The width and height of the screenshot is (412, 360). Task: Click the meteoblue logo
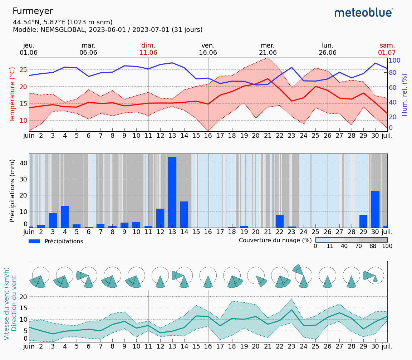click(364, 13)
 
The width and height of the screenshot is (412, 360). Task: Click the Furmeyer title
click(33, 11)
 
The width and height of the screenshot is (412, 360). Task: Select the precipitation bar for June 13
click(172, 192)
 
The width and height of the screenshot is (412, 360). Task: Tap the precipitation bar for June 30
click(375, 209)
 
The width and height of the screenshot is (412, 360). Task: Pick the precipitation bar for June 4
click(65, 217)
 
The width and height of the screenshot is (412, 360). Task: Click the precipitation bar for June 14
click(184, 214)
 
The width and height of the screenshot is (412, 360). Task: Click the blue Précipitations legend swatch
click(34, 242)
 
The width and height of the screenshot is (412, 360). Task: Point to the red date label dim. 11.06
click(148, 49)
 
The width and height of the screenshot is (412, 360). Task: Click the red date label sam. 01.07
click(387, 49)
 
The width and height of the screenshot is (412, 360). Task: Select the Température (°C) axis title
click(13, 95)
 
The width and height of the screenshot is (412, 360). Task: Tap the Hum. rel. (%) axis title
click(404, 95)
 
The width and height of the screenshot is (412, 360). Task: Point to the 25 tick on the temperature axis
click(23, 69)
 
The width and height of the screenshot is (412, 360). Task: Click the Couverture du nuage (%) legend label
click(275, 240)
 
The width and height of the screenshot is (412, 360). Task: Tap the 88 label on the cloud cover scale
click(373, 246)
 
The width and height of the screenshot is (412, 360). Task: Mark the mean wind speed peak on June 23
click(292, 310)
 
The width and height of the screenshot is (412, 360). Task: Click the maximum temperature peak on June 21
click(268, 58)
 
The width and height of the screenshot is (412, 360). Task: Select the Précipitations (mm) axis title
click(13, 191)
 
